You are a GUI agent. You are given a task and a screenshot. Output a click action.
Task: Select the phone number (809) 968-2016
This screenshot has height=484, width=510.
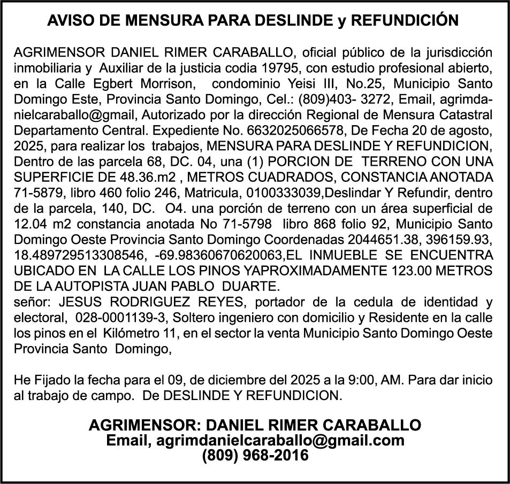click(x=255, y=456)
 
